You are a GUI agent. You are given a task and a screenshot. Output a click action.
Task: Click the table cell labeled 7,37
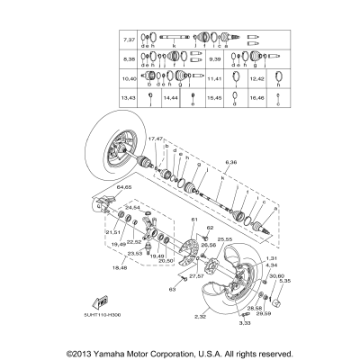click(x=128, y=40)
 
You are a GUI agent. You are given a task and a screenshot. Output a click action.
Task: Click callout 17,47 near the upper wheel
click(x=155, y=140)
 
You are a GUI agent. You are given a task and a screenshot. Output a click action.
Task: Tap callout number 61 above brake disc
click(x=192, y=220)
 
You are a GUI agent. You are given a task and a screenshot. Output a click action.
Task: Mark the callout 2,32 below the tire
click(x=201, y=318)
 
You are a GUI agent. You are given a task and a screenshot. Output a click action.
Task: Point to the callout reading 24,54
click(x=131, y=232)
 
